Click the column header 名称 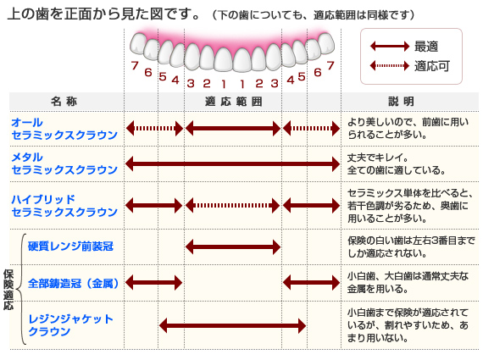64,102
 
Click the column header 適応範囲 234,102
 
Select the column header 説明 401,102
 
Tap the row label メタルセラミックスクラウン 64,163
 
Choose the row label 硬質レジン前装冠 70,246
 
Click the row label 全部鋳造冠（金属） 74,283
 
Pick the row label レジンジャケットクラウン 71,325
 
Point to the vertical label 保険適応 8,290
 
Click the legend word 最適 426,47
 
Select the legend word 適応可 432,65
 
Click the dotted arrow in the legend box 390,65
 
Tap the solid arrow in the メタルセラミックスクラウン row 233,163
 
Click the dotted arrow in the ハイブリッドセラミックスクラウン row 233,205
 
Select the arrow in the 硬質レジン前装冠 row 233,246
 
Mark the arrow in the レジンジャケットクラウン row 232,326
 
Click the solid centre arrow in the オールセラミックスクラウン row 233,129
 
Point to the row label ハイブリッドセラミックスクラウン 64,205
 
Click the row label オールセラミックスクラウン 64,129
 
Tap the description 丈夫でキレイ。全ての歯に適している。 397,163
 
